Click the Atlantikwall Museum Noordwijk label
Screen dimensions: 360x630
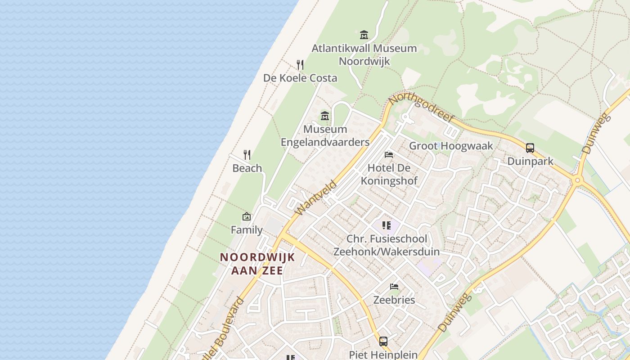(x=364, y=54)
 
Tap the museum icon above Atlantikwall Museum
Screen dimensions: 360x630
(x=364, y=35)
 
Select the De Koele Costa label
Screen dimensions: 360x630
(x=300, y=78)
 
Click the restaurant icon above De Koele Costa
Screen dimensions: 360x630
(x=300, y=65)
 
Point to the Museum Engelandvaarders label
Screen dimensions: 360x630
(x=325, y=135)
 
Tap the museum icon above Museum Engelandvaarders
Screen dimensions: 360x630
(x=324, y=116)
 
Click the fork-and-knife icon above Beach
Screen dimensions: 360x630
(x=247, y=155)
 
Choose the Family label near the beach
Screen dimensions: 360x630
(x=247, y=230)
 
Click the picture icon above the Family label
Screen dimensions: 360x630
(x=247, y=216)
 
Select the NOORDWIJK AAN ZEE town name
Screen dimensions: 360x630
(x=257, y=263)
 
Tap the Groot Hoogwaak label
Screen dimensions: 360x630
(x=451, y=146)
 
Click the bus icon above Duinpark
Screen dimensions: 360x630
(x=530, y=148)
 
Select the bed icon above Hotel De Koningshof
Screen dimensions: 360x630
(x=389, y=155)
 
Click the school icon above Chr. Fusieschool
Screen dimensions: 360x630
(x=386, y=225)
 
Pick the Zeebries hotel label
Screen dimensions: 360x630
(x=394, y=300)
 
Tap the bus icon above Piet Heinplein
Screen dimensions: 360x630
(x=383, y=341)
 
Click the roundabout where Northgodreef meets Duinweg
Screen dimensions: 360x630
(x=578, y=180)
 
